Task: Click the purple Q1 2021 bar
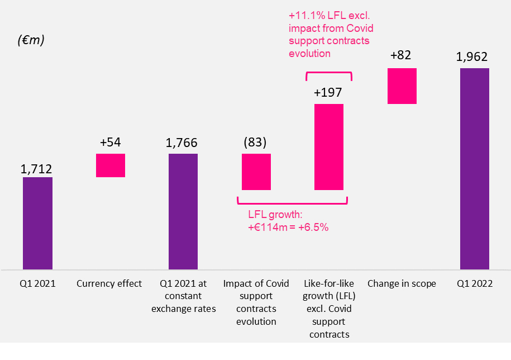(x=37, y=223)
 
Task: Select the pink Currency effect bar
(x=110, y=165)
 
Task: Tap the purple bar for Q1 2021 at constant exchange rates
(x=183, y=211)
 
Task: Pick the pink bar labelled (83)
(x=256, y=172)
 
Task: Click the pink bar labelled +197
(x=328, y=147)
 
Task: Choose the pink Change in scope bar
(x=402, y=86)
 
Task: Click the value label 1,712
(x=37, y=168)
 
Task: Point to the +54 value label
(x=110, y=143)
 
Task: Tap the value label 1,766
(x=183, y=144)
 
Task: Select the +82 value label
(x=402, y=56)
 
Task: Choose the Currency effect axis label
(x=109, y=284)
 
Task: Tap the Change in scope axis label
(x=402, y=284)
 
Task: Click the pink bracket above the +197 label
(x=328, y=73)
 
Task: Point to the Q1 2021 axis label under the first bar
(x=37, y=284)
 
